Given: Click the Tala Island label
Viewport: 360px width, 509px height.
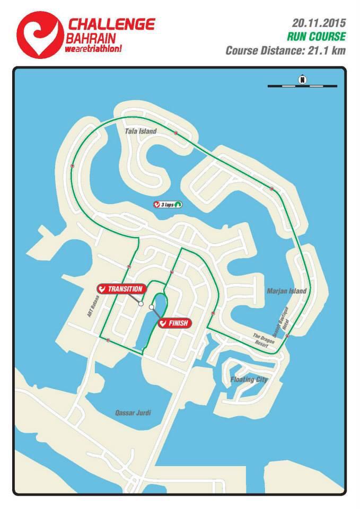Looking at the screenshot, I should tap(141, 131).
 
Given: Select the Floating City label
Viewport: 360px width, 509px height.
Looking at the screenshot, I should tap(249, 380).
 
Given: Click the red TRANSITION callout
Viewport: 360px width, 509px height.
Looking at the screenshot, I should tap(121, 289).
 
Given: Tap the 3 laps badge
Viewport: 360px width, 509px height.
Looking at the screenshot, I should tap(167, 204).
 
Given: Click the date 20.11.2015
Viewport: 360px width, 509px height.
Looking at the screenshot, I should tap(319, 23).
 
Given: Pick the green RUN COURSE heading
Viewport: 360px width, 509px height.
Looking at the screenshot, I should tap(317, 37).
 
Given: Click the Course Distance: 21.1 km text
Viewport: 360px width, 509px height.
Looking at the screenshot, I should tap(285, 51).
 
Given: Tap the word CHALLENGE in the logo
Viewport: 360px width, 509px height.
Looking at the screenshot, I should tap(111, 24).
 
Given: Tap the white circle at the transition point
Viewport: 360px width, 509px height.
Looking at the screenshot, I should tap(141, 304).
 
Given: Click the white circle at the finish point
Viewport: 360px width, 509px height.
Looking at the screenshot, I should tap(152, 307).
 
